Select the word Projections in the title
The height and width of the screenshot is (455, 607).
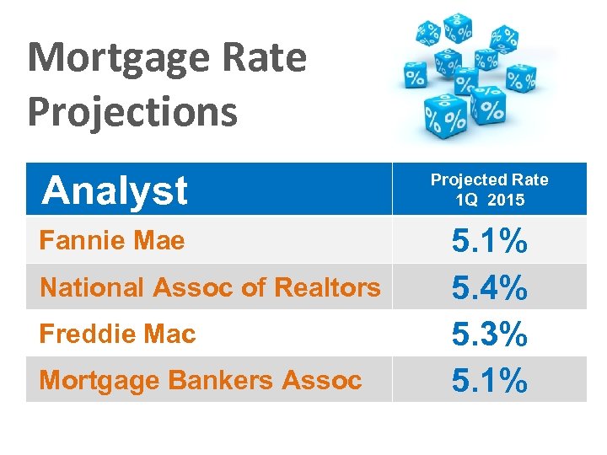tap(132, 112)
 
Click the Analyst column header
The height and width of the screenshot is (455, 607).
tap(115, 190)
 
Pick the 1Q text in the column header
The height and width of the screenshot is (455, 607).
tap(467, 200)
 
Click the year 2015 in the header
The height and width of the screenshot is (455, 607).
tap(507, 200)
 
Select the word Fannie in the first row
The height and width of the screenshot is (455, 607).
tap(81, 241)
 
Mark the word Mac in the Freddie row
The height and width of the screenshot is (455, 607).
tap(169, 334)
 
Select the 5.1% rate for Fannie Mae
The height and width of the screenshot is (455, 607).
tap(490, 244)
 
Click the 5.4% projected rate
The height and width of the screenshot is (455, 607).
tap(490, 290)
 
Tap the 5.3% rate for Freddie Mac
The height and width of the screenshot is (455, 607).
tap(490, 335)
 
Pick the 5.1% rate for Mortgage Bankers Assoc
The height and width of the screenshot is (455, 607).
tap(490, 381)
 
